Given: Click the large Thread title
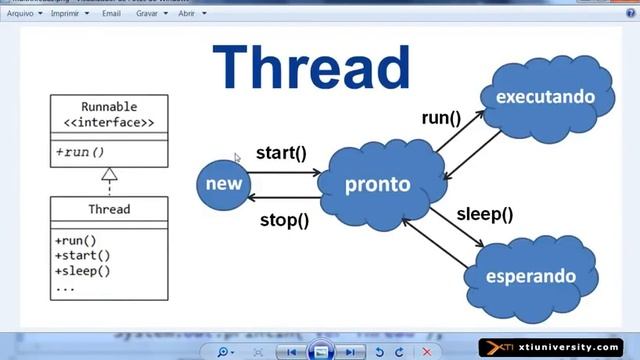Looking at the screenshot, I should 311,68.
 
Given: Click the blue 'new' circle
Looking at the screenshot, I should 223,184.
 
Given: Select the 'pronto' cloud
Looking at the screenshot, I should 377,185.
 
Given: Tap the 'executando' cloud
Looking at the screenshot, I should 545,97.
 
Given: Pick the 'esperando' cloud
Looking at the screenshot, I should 530,275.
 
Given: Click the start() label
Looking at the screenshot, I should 280,153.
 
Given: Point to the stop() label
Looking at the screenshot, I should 284,219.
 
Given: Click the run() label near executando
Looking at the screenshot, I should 440,117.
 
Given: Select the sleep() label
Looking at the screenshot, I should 484,213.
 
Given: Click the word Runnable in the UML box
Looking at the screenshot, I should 110,107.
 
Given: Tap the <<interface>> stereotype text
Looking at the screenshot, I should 110,123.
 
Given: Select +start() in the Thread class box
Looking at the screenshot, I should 82,256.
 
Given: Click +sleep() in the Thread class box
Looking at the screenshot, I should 82,271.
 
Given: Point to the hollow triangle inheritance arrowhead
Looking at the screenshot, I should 110,174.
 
